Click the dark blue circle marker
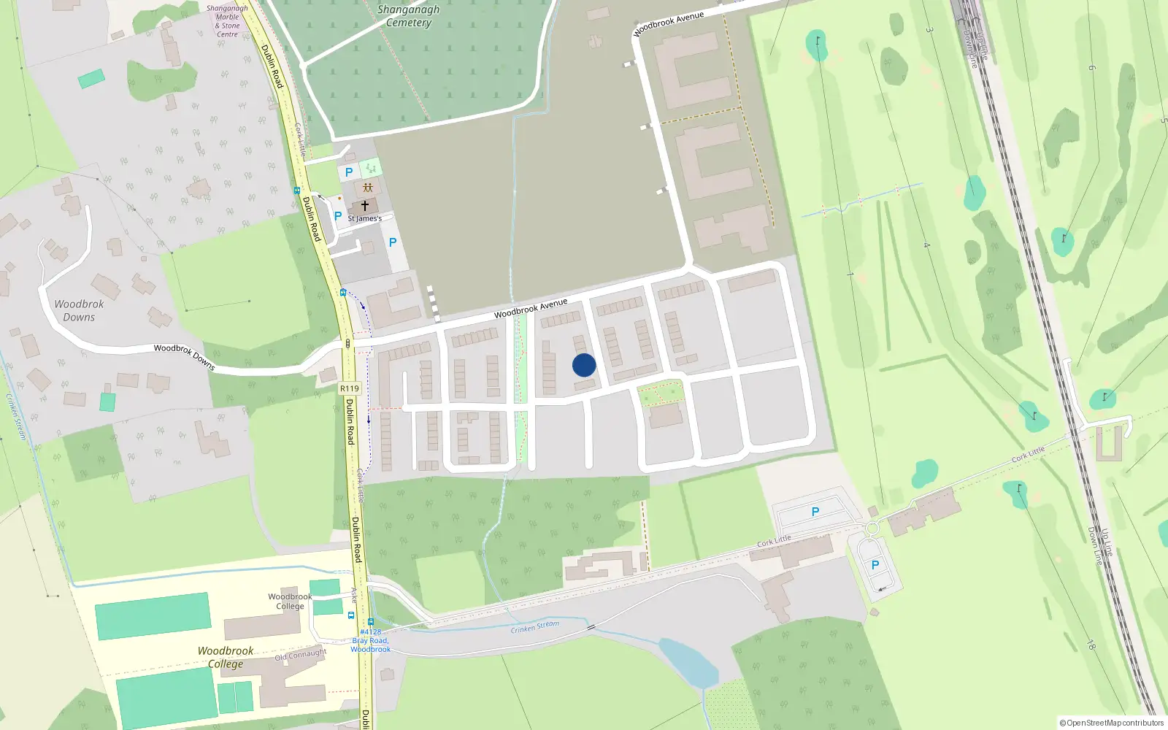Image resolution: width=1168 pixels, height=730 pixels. pos(584,365)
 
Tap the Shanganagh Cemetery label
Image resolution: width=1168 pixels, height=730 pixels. pos(408,16)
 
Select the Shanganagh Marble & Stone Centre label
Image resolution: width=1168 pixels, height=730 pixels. pos(227,21)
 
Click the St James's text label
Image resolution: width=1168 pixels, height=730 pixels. pos(364,218)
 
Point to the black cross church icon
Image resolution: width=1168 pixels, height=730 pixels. pos(365,206)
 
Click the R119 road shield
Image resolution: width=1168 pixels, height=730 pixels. pos(350,388)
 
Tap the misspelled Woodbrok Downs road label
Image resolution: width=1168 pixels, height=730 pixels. pos(184,356)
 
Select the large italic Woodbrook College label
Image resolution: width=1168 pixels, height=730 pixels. pos(226,657)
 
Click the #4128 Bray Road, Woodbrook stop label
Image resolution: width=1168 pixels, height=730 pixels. pos(370,641)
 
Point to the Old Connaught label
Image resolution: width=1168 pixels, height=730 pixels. pos(300,655)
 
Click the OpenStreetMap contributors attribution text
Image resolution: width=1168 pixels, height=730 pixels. pos(1112,723)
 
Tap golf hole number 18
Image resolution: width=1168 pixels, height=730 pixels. pos(1091,645)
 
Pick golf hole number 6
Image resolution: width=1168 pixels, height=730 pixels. pos(1092,68)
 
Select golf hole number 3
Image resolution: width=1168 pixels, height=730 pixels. pos(929,30)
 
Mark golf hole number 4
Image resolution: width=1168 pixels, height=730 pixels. pos(926,245)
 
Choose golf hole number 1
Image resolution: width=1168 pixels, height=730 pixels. pos(850,274)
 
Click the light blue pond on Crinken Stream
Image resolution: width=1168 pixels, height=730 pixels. pos(688,661)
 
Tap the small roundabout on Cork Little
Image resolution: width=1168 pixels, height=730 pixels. pos(872,528)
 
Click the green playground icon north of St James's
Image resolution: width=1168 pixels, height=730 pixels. pos(371,169)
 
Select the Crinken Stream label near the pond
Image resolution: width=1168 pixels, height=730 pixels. pos(535,626)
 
